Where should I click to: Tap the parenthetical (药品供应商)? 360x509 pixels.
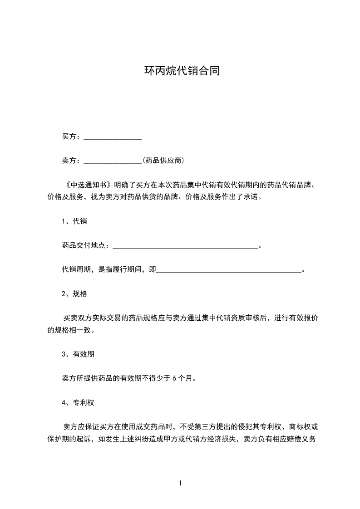click(163, 160)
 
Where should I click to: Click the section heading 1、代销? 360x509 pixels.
click(74, 221)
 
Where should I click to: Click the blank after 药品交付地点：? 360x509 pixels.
click(184, 246)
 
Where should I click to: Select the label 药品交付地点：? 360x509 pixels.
click(86, 245)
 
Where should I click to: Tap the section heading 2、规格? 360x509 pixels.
click(74, 294)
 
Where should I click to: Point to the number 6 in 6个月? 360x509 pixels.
click(175, 378)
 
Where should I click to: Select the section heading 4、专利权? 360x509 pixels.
click(78, 402)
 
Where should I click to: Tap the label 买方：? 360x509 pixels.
click(72, 137)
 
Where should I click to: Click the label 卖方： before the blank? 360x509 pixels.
click(72, 160)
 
